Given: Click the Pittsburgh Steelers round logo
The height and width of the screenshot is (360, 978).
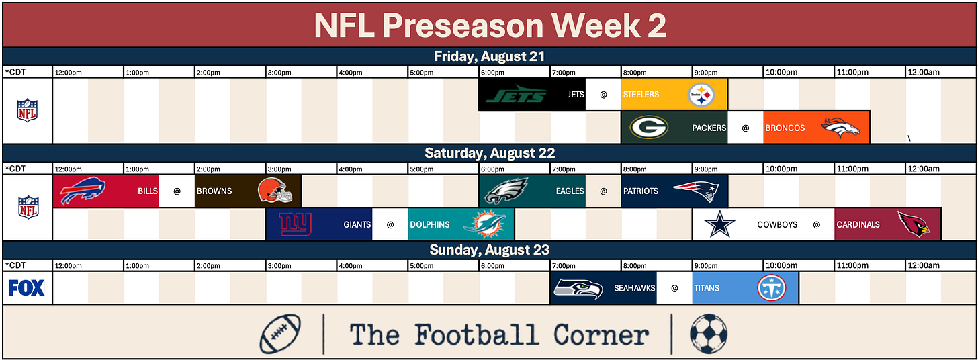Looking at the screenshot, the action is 701,95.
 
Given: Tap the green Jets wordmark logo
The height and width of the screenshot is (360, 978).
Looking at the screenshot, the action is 516,94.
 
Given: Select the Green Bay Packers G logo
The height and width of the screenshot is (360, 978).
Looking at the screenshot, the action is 649,127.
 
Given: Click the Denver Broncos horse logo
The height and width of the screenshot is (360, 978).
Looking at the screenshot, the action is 840,128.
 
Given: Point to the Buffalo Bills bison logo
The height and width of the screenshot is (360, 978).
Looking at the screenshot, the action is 83,190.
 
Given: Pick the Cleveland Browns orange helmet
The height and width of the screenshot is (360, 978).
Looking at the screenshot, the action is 275,190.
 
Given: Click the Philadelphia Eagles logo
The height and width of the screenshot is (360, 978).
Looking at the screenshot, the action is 506,191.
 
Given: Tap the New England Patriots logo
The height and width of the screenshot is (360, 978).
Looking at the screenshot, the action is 696,191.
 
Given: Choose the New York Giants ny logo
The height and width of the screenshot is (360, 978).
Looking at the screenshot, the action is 295,224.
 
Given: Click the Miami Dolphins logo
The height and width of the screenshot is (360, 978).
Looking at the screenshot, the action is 484,224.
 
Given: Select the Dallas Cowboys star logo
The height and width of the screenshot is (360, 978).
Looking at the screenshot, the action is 719,224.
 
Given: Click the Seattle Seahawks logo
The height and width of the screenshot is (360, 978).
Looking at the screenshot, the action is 578,288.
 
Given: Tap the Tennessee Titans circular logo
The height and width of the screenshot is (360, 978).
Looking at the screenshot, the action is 772,288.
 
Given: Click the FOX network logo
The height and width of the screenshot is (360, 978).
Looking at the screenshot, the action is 27,288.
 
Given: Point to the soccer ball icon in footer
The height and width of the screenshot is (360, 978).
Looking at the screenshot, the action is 709,334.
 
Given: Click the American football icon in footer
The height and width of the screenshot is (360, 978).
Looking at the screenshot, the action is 280,334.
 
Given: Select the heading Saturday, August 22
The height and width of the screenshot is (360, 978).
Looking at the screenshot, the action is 490,153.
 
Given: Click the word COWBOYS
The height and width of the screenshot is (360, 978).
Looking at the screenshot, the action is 777,225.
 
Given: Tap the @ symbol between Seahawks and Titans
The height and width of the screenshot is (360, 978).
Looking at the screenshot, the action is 674,288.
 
